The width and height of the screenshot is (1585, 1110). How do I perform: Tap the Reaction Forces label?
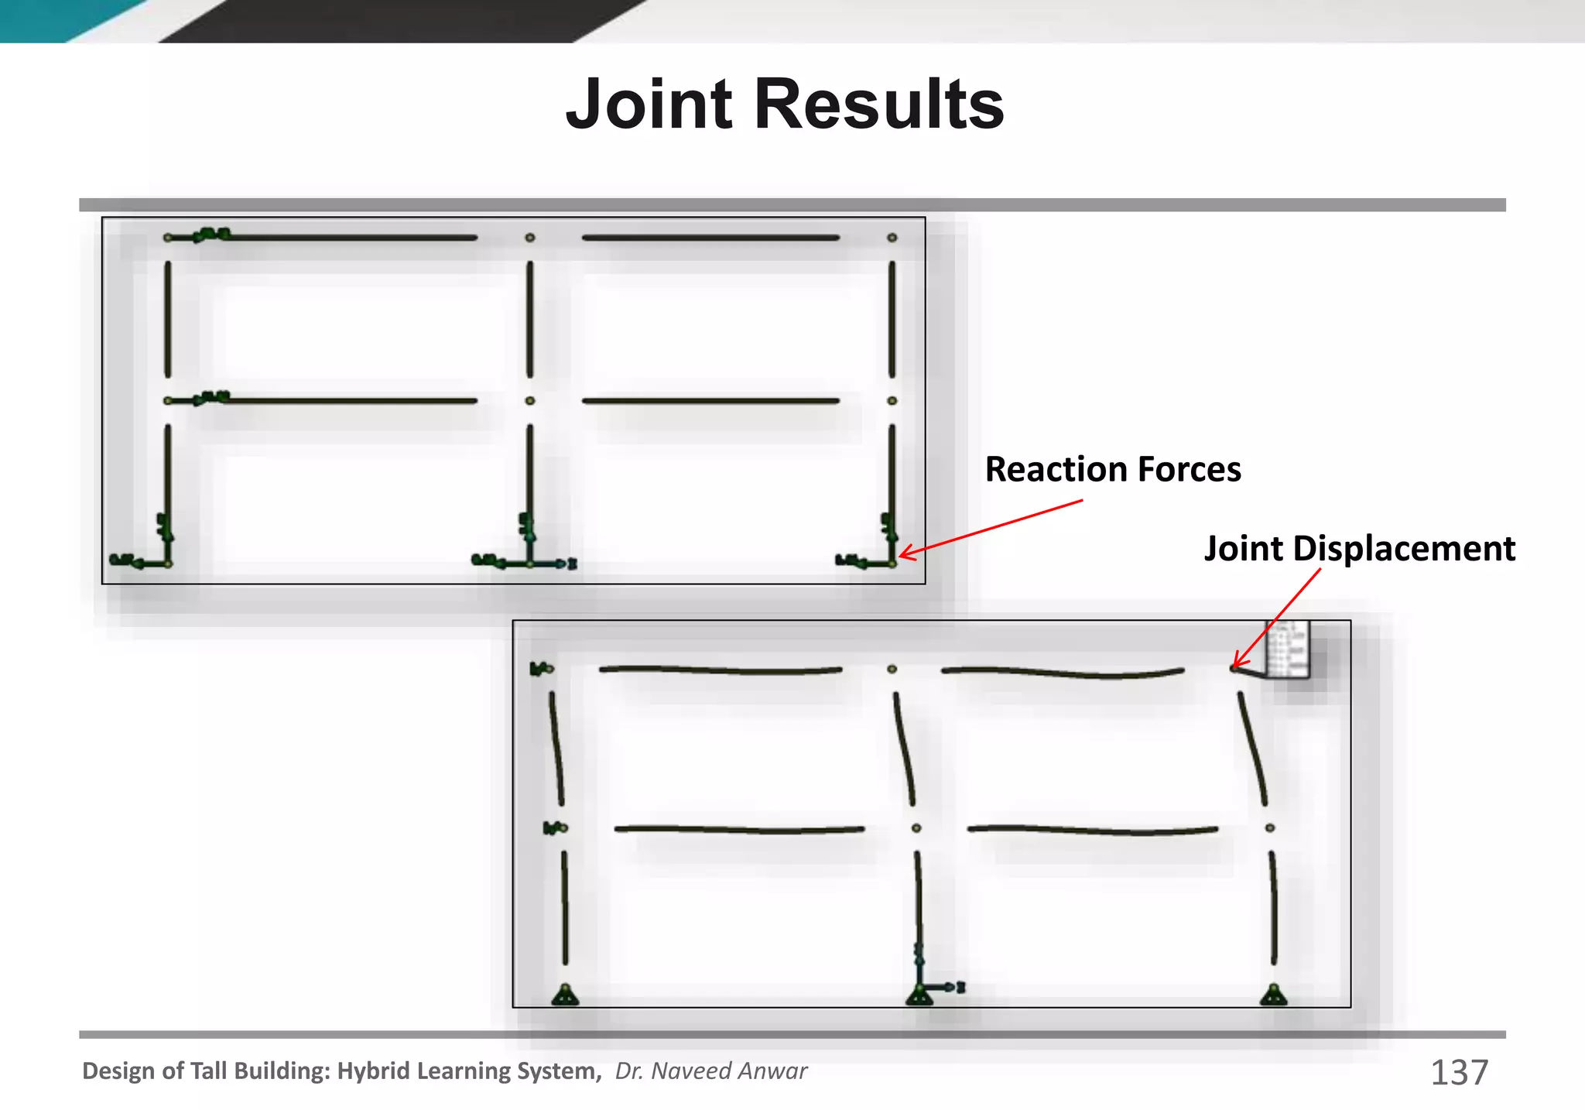pyautogui.click(x=1112, y=469)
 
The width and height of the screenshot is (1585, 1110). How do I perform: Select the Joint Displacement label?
pyautogui.click(x=1359, y=548)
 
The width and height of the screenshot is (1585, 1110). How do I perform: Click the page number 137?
pyautogui.click(x=1459, y=1072)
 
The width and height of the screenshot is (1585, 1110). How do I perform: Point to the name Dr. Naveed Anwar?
pyautogui.click(x=710, y=1071)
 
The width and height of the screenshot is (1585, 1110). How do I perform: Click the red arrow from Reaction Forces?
pyautogui.click(x=991, y=529)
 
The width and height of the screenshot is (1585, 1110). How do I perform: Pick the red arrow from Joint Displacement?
pyautogui.click(x=1277, y=617)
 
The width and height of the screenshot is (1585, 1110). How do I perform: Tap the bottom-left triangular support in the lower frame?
pyautogui.click(x=565, y=995)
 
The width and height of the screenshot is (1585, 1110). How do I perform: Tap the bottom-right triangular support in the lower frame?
pyautogui.click(x=1273, y=995)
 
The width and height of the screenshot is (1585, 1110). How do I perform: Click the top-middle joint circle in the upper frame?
pyautogui.click(x=529, y=238)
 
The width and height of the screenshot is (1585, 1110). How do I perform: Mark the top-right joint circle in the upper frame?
pyautogui.click(x=892, y=238)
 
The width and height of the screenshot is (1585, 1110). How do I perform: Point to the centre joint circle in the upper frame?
pyautogui.click(x=529, y=401)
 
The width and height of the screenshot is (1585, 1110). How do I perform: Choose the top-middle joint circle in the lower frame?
pyautogui.click(x=892, y=669)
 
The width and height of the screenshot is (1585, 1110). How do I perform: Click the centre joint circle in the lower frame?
pyautogui.click(x=916, y=828)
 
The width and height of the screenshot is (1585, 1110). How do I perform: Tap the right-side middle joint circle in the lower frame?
pyautogui.click(x=1270, y=828)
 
